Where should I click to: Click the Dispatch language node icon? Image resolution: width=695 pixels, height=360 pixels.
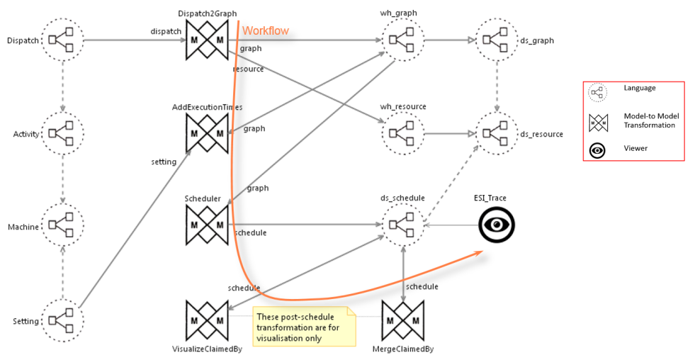click(x=62, y=40)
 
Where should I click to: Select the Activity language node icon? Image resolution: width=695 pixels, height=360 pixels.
click(x=62, y=133)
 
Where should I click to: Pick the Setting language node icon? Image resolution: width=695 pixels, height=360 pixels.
click(x=62, y=321)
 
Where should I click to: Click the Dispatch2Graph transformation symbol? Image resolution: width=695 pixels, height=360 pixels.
click(x=206, y=40)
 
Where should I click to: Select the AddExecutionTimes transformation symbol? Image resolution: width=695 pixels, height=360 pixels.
click(x=206, y=133)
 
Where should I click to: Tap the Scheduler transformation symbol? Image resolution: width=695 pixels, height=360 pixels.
click(x=206, y=226)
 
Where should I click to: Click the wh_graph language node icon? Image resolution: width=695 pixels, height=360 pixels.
click(x=402, y=40)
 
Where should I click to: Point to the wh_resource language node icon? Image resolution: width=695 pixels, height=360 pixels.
click(x=402, y=133)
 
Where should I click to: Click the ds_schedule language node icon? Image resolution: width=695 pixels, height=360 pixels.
click(x=402, y=225)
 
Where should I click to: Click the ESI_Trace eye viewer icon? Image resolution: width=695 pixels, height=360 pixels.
click(x=497, y=225)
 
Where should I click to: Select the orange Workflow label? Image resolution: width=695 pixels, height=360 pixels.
click(x=266, y=31)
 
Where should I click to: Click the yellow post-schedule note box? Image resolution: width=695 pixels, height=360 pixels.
click(x=304, y=327)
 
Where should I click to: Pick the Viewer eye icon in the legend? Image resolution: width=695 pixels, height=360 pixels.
click(x=598, y=150)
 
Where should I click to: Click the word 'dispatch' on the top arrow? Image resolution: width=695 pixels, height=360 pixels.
click(x=166, y=31)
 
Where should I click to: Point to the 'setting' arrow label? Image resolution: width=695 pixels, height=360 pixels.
click(x=164, y=162)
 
